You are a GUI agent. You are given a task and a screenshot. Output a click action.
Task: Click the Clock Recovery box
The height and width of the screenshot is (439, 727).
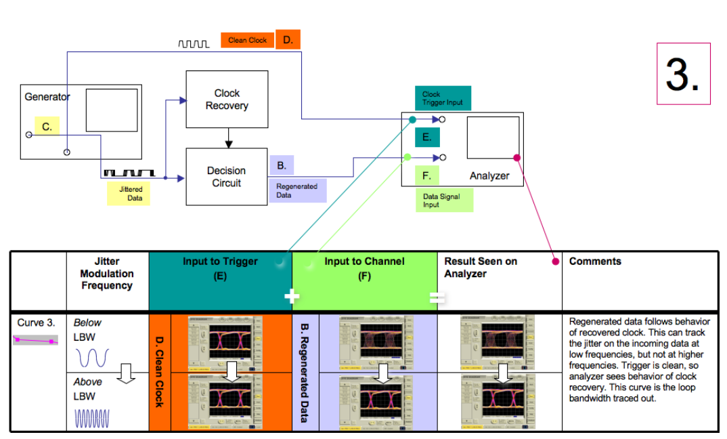227,100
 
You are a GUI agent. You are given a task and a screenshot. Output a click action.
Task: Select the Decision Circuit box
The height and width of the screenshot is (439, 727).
227,177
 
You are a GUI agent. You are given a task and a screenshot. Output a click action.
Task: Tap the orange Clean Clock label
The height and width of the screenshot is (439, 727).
247,41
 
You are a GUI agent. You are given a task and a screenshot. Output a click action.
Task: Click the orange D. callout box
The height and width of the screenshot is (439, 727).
288,40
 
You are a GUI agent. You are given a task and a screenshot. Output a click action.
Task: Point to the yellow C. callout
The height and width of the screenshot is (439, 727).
47,127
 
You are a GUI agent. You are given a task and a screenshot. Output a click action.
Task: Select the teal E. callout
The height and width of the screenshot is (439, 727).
427,137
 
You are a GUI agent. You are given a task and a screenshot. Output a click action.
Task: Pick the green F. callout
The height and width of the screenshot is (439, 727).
427,176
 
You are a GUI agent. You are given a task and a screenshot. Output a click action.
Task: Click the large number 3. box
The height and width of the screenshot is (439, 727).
683,74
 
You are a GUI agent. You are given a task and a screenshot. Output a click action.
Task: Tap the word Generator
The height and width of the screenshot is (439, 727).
47,97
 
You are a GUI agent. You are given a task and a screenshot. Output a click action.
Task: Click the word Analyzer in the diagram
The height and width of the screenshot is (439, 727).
489,176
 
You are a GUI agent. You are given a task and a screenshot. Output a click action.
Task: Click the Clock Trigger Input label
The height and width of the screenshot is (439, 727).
442,98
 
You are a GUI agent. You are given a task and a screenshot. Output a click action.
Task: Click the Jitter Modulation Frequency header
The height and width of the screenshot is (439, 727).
107,274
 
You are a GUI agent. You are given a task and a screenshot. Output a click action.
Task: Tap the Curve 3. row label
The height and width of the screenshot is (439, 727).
36,323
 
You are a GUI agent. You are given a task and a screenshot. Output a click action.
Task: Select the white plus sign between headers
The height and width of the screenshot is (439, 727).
292,297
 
